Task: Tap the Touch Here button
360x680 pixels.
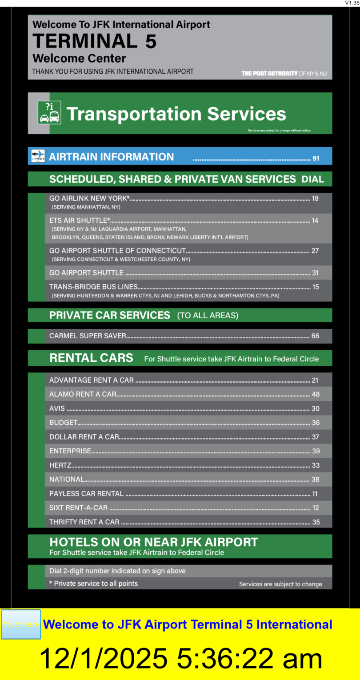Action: coord(21,624)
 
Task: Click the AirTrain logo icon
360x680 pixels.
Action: coord(38,156)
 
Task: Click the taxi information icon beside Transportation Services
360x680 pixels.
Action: coord(49,112)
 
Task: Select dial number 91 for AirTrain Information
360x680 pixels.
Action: coord(316,158)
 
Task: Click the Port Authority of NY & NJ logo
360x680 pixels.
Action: coord(284,73)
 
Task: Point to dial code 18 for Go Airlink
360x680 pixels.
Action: coord(315,199)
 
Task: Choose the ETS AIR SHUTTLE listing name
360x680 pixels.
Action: coord(80,220)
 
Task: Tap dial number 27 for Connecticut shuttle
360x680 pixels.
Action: coord(315,251)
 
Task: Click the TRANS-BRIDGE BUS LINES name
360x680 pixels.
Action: coord(93,287)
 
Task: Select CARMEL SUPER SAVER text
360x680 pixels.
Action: coord(88,336)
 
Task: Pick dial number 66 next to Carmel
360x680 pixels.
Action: coord(315,336)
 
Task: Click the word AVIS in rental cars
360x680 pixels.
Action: coord(57,408)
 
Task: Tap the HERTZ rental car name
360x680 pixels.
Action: coord(60,465)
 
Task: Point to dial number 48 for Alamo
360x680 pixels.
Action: coord(316,394)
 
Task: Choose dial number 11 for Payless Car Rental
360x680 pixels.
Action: coord(315,494)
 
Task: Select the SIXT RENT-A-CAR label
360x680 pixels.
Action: coord(78,508)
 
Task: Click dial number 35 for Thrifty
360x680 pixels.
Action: coord(316,522)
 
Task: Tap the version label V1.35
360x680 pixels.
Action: coord(352,3)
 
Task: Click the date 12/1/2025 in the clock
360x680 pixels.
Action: coord(104,658)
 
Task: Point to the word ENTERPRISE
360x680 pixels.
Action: coord(70,451)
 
